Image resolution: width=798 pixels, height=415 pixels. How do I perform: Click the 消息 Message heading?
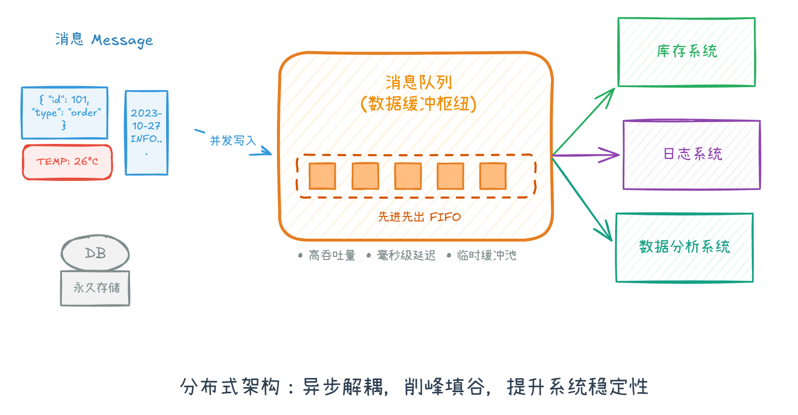[104, 40]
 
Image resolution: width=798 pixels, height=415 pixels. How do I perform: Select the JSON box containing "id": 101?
[65, 112]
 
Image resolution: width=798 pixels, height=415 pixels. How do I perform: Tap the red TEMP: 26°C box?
[67, 162]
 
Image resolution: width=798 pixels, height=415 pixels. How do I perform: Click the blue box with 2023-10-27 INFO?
[146, 133]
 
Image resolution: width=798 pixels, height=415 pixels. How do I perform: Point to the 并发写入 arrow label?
[233, 141]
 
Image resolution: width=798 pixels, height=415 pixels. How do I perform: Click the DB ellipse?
[95, 253]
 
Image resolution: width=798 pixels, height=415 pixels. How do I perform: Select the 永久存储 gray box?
[96, 288]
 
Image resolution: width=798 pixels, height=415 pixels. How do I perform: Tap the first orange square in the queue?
[323, 176]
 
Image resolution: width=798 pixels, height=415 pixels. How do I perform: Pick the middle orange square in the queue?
[408, 176]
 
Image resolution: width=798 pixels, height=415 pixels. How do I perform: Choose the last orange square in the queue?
[493, 176]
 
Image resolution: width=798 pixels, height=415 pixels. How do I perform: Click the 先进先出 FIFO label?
[419, 217]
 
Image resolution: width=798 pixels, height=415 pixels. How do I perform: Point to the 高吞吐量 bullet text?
[332, 255]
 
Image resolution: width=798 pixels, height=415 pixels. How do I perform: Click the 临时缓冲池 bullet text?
[486, 255]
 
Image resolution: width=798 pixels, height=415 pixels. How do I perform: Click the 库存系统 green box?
[687, 52]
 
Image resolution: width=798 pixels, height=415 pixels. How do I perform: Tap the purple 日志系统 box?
[692, 155]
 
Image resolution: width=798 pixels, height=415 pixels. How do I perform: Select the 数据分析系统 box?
[684, 247]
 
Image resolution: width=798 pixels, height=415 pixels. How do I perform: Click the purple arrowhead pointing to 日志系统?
[611, 155]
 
